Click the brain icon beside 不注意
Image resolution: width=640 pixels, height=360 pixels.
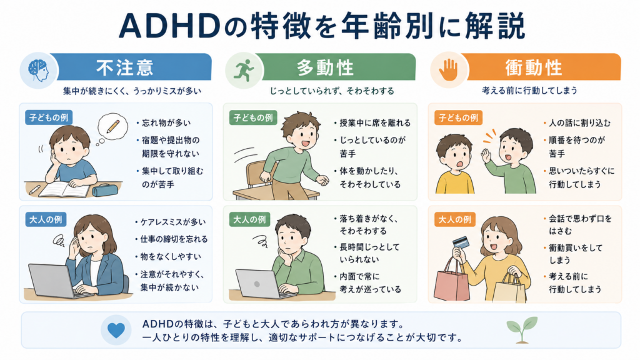point(38,71)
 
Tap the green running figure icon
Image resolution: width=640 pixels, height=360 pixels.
point(244,70)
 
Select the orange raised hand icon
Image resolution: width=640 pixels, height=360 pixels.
point(448,70)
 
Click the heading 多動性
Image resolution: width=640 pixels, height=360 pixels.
point(325,67)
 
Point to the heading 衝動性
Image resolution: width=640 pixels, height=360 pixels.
point(534,67)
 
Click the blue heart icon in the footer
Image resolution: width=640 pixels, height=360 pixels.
point(116,330)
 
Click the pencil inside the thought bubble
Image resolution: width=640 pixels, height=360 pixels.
point(113,126)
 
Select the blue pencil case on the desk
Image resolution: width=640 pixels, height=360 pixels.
point(105,190)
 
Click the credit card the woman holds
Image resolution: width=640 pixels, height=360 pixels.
point(461,242)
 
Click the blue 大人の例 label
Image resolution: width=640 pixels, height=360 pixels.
point(46,219)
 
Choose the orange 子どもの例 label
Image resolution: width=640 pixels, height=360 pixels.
point(458,118)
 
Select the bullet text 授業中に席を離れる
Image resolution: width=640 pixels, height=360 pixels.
point(375,123)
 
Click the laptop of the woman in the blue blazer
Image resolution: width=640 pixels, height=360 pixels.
point(53,281)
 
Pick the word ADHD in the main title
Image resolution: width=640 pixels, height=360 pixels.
point(169,27)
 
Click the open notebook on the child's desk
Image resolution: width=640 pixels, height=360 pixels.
point(64,189)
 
